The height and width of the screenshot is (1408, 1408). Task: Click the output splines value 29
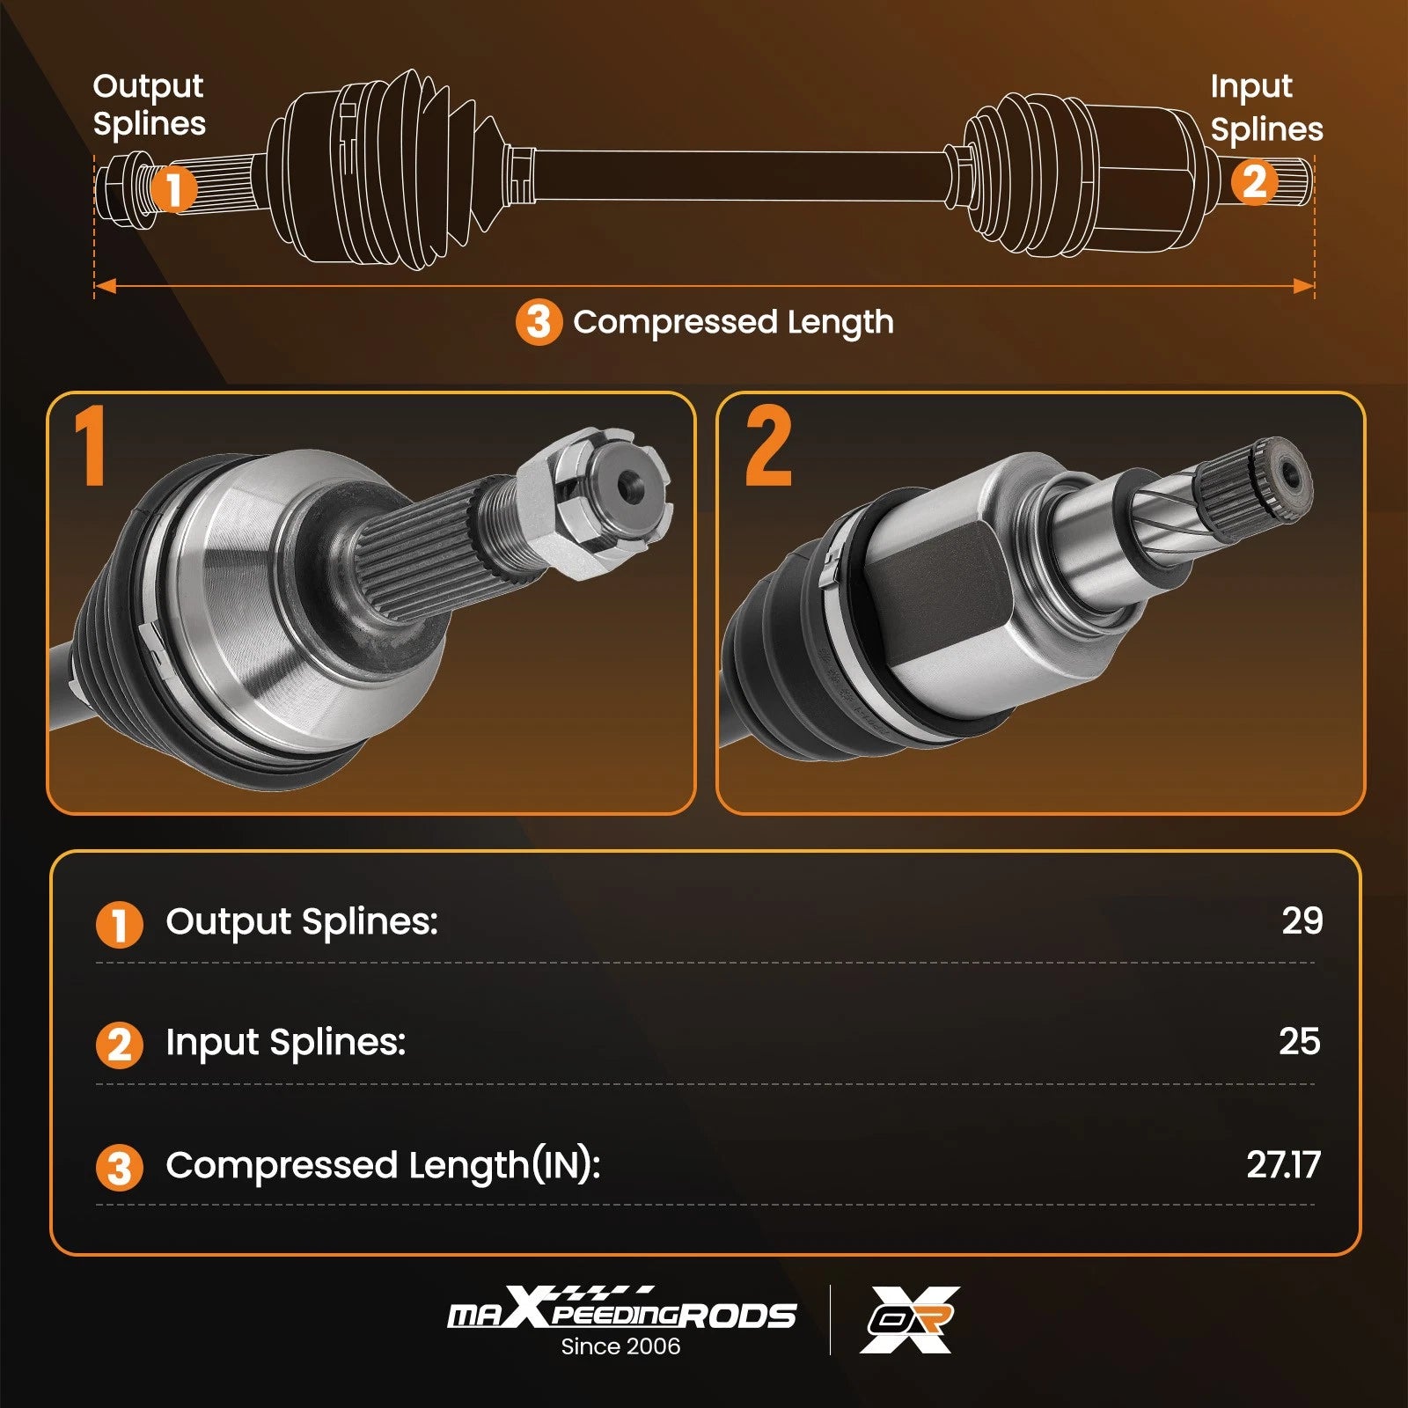point(1302,920)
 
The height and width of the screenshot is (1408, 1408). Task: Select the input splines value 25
point(1300,1041)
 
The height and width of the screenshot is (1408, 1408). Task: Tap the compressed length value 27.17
point(1283,1164)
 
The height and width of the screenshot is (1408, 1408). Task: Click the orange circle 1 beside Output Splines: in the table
point(119,924)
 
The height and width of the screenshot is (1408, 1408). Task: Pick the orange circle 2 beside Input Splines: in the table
point(119,1045)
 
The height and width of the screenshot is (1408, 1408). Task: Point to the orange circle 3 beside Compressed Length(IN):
point(119,1168)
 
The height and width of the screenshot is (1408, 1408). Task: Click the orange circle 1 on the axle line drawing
point(173,188)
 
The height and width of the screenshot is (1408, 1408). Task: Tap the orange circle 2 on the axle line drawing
point(1254,182)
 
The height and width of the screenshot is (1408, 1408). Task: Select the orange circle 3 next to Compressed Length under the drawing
point(539,322)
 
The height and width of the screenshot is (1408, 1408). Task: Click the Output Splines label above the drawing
point(149,105)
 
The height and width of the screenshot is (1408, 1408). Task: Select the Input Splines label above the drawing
point(1266,107)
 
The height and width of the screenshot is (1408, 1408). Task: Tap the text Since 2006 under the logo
point(620,1346)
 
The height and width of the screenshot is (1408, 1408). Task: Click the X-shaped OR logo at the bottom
point(910,1319)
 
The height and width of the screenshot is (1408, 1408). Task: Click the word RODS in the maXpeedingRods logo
point(738,1316)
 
